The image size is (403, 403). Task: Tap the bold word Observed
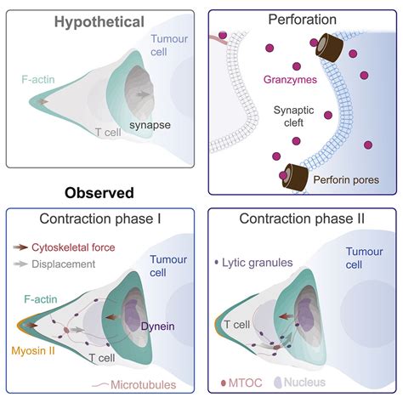point(100,193)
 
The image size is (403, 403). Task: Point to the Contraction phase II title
point(303,219)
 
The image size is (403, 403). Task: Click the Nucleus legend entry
point(310,384)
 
